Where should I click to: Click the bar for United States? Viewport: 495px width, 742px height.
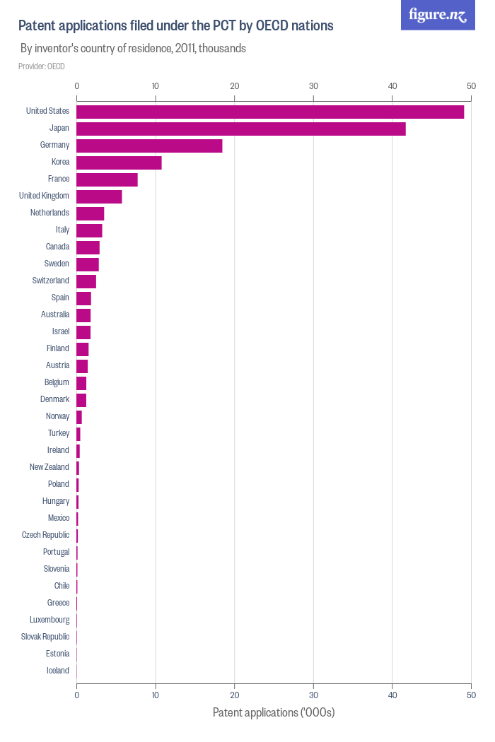270,112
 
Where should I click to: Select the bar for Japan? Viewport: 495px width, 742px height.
241,129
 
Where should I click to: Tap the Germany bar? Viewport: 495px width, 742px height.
149,146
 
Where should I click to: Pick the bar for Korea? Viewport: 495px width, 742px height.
119,163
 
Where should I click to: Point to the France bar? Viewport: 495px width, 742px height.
107,179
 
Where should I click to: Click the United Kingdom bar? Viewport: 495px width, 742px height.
99,196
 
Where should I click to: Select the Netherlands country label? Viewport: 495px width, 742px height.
49,213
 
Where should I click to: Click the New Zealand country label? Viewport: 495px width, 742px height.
49,467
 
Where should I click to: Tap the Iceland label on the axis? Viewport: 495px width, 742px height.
58,671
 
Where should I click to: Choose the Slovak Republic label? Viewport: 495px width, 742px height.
45,637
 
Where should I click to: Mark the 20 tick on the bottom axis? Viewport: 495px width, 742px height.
234,695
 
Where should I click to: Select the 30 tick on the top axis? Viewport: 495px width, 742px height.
313,86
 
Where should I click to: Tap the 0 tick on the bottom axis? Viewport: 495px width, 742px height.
76,695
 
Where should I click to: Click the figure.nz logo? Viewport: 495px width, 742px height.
438,16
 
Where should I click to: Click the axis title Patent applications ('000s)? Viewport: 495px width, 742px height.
274,712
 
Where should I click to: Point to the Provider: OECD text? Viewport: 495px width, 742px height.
41,66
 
